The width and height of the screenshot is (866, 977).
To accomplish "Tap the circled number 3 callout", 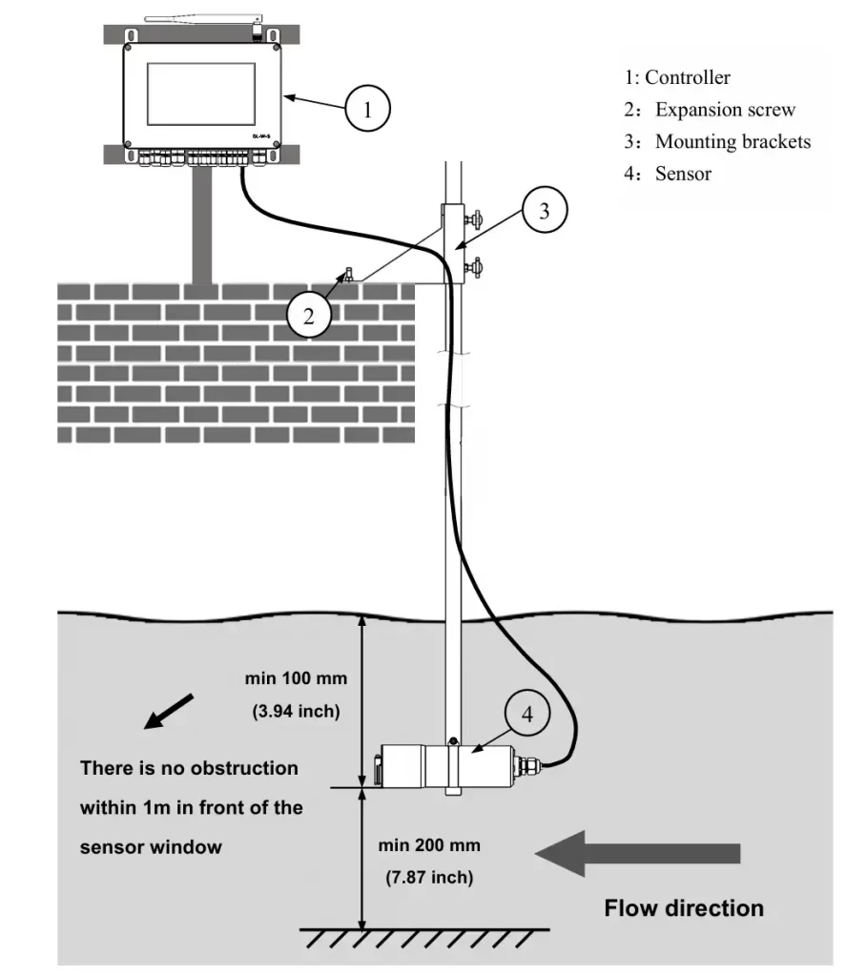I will [545, 212].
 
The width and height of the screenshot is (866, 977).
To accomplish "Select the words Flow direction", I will [684, 907].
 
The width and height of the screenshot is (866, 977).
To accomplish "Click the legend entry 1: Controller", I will [677, 78].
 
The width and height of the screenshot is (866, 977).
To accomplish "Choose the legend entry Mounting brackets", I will [732, 142].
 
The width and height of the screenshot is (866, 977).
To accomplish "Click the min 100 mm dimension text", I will [296, 679].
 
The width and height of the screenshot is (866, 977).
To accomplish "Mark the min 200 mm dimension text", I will [429, 846].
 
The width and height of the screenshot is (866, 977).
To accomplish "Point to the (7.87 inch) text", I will [429, 878].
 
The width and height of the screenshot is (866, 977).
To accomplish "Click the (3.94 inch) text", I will [296, 711].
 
